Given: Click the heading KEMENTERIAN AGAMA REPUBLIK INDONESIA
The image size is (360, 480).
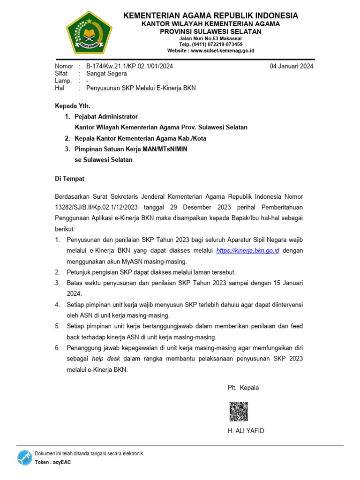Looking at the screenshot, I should pos(210,16).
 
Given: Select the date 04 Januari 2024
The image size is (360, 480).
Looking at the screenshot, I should pos(292,66).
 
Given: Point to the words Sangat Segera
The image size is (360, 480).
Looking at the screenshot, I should pos(106,74).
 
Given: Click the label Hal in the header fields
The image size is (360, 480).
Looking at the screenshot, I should pos(59,88).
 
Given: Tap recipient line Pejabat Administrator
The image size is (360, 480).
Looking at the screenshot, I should pos(106,116).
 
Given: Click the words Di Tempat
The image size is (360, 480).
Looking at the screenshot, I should pos(70,179).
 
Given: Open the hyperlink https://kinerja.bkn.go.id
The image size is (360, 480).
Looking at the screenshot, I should pos(248,251).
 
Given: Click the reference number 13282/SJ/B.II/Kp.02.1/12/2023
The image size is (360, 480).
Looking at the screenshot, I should pos(97,207).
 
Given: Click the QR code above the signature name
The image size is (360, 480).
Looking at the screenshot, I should pos(239,411).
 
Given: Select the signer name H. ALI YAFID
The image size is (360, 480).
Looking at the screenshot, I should pos(246,431).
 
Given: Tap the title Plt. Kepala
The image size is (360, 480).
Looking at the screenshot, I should pos(243,388).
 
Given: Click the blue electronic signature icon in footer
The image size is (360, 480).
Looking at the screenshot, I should pos(25,457).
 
